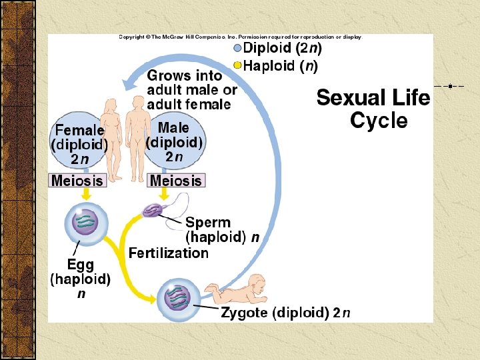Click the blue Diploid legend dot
point(237,48)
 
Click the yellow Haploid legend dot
point(237,65)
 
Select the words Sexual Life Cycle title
point(373,109)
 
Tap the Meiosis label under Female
point(77,180)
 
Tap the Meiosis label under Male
point(175,180)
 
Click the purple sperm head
point(153,211)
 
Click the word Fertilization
point(169,253)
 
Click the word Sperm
point(208,223)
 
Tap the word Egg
point(80,265)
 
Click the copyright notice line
point(240,37)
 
